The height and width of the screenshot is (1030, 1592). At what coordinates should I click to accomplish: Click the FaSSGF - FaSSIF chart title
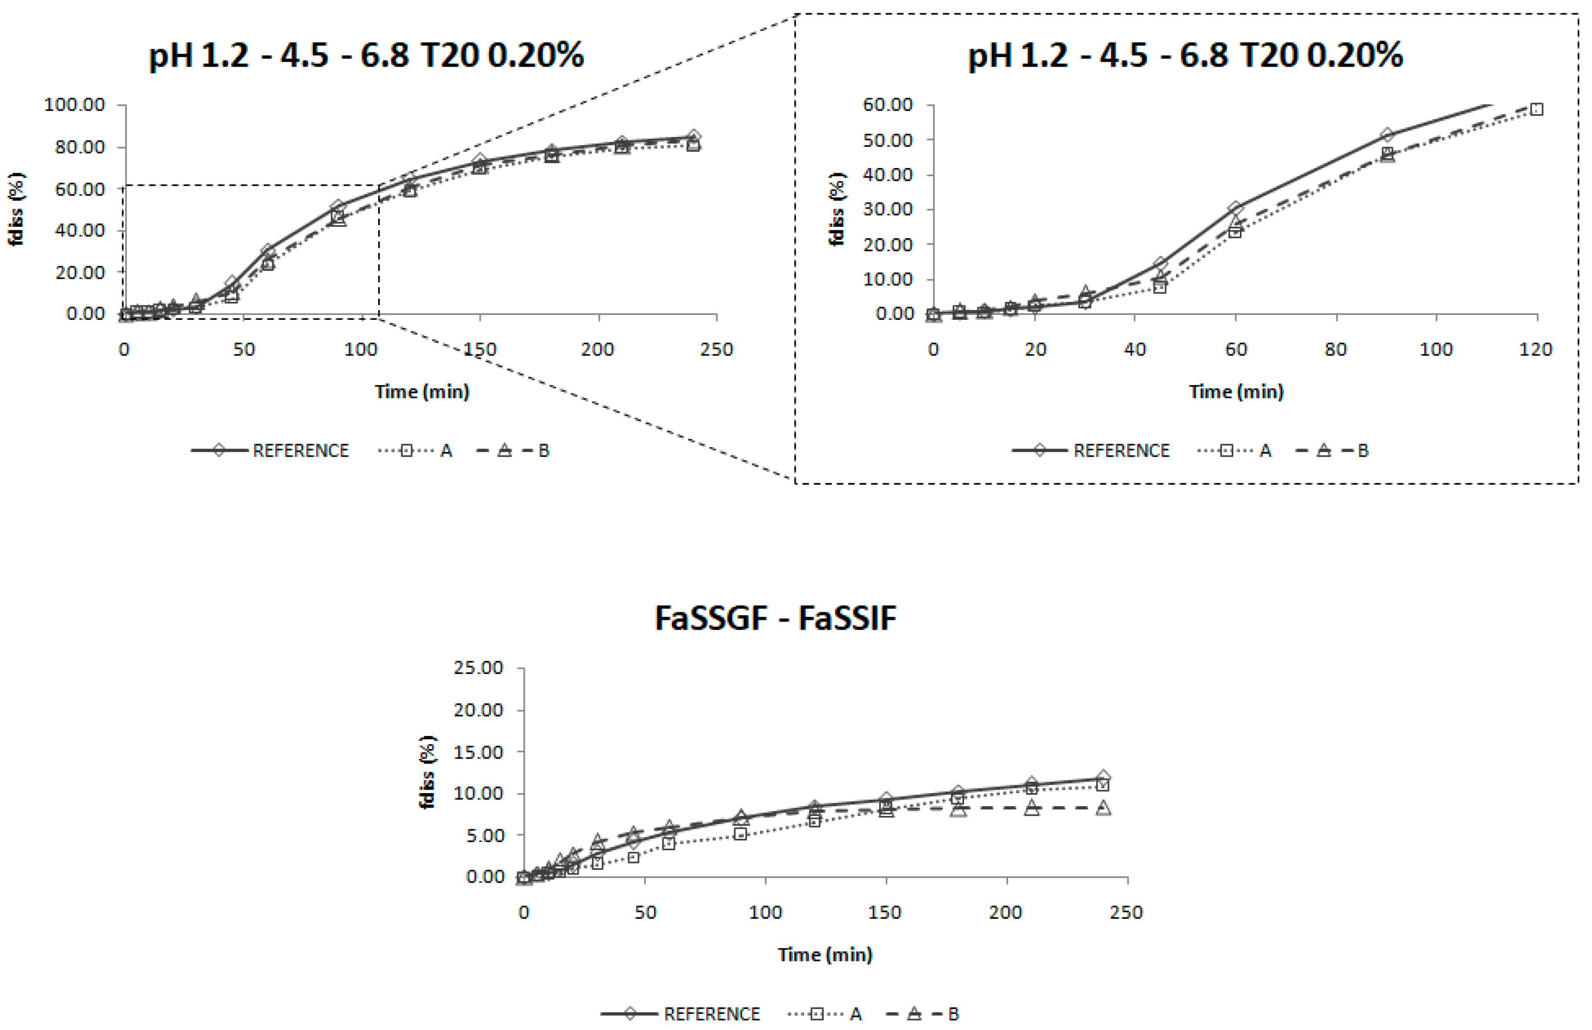coord(775,618)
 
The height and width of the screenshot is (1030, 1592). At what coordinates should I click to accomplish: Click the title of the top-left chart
coord(366,55)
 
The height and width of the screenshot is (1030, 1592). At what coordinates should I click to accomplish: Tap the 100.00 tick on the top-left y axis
coord(74,105)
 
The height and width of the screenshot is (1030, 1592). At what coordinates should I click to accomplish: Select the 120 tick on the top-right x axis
coord(1536,349)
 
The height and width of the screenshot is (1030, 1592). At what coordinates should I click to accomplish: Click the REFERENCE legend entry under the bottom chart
coord(711,1014)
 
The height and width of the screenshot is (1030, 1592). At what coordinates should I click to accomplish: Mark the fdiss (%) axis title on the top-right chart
coord(837,209)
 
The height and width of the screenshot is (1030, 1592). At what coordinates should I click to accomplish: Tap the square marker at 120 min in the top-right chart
coord(1537,109)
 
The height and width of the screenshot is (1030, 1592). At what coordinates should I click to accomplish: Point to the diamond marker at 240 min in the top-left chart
coord(694,137)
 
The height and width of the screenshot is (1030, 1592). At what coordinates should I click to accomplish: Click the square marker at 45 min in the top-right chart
coord(1160,287)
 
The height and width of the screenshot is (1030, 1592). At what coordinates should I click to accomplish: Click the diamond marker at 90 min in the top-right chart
coord(1387,136)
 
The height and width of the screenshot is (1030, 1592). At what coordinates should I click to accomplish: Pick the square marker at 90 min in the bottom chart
coord(740,834)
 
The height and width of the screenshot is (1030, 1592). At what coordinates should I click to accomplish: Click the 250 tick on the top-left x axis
coord(716,349)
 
